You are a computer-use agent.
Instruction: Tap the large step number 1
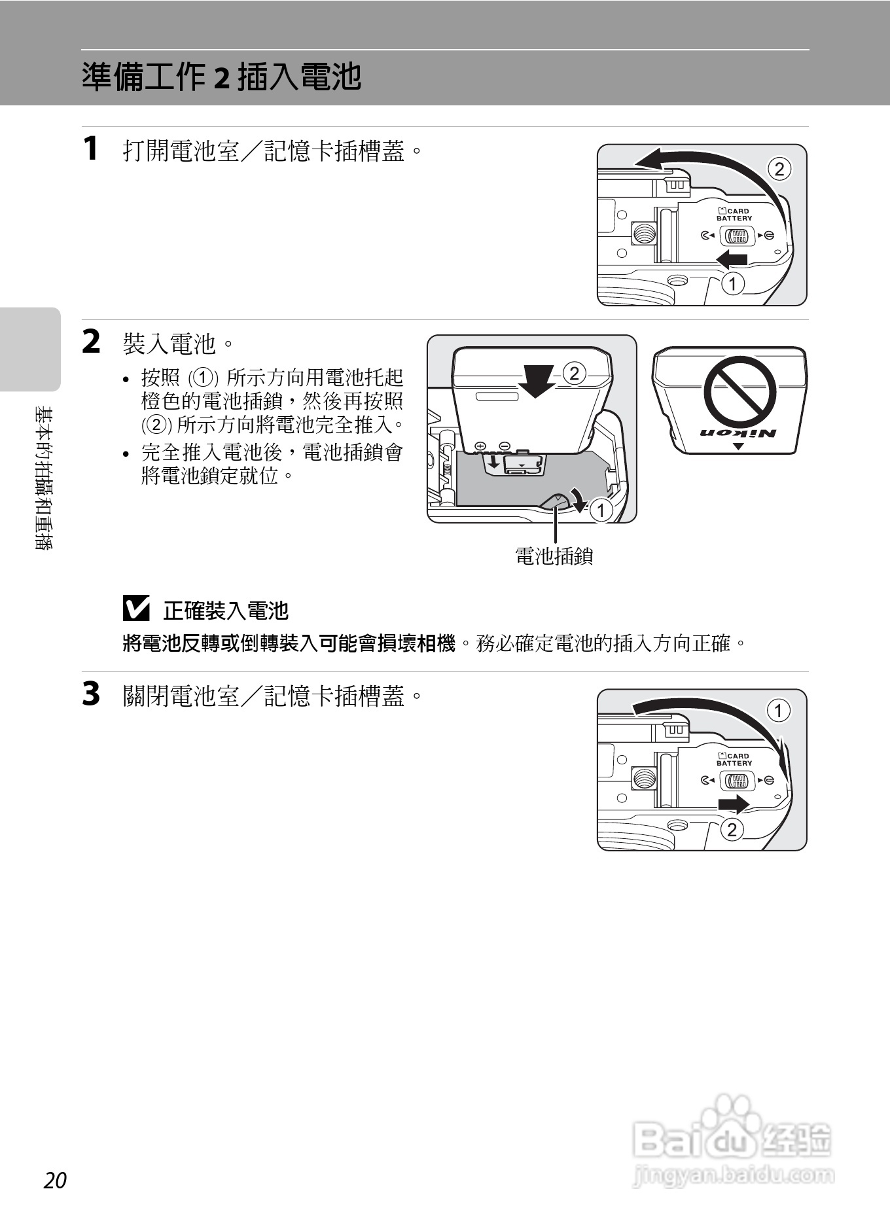click(x=91, y=148)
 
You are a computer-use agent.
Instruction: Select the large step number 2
click(x=91, y=342)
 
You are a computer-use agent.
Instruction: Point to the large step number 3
click(x=91, y=694)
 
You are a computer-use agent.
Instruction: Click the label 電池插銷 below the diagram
click(x=554, y=556)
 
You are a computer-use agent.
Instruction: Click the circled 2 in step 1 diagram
click(x=779, y=169)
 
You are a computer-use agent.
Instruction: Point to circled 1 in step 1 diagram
click(x=733, y=283)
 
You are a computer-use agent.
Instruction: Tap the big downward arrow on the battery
click(x=536, y=380)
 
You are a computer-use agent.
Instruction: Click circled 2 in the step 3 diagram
click(x=732, y=829)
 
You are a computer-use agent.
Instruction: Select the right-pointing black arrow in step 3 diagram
click(x=733, y=804)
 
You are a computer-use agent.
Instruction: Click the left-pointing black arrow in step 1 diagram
click(x=732, y=259)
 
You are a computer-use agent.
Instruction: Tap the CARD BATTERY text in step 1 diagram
click(x=734, y=215)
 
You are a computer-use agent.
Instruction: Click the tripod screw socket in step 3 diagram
click(x=644, y=778)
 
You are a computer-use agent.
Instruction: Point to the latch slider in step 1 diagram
click(x=737, y=236)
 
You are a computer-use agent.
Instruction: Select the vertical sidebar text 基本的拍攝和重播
click(x=44, y=478)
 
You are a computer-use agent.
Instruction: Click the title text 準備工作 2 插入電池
click(x=221, y=77)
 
